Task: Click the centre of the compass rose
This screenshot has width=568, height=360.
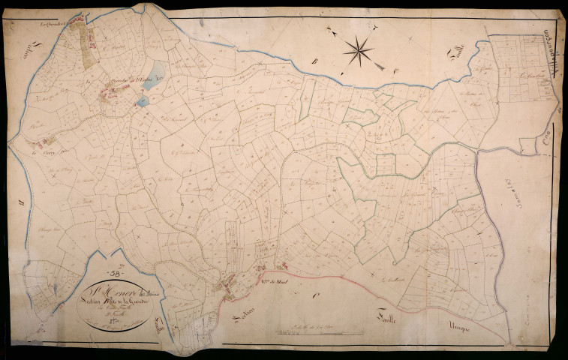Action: click(359, 50)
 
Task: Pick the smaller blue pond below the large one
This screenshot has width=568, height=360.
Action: click(143, 100)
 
